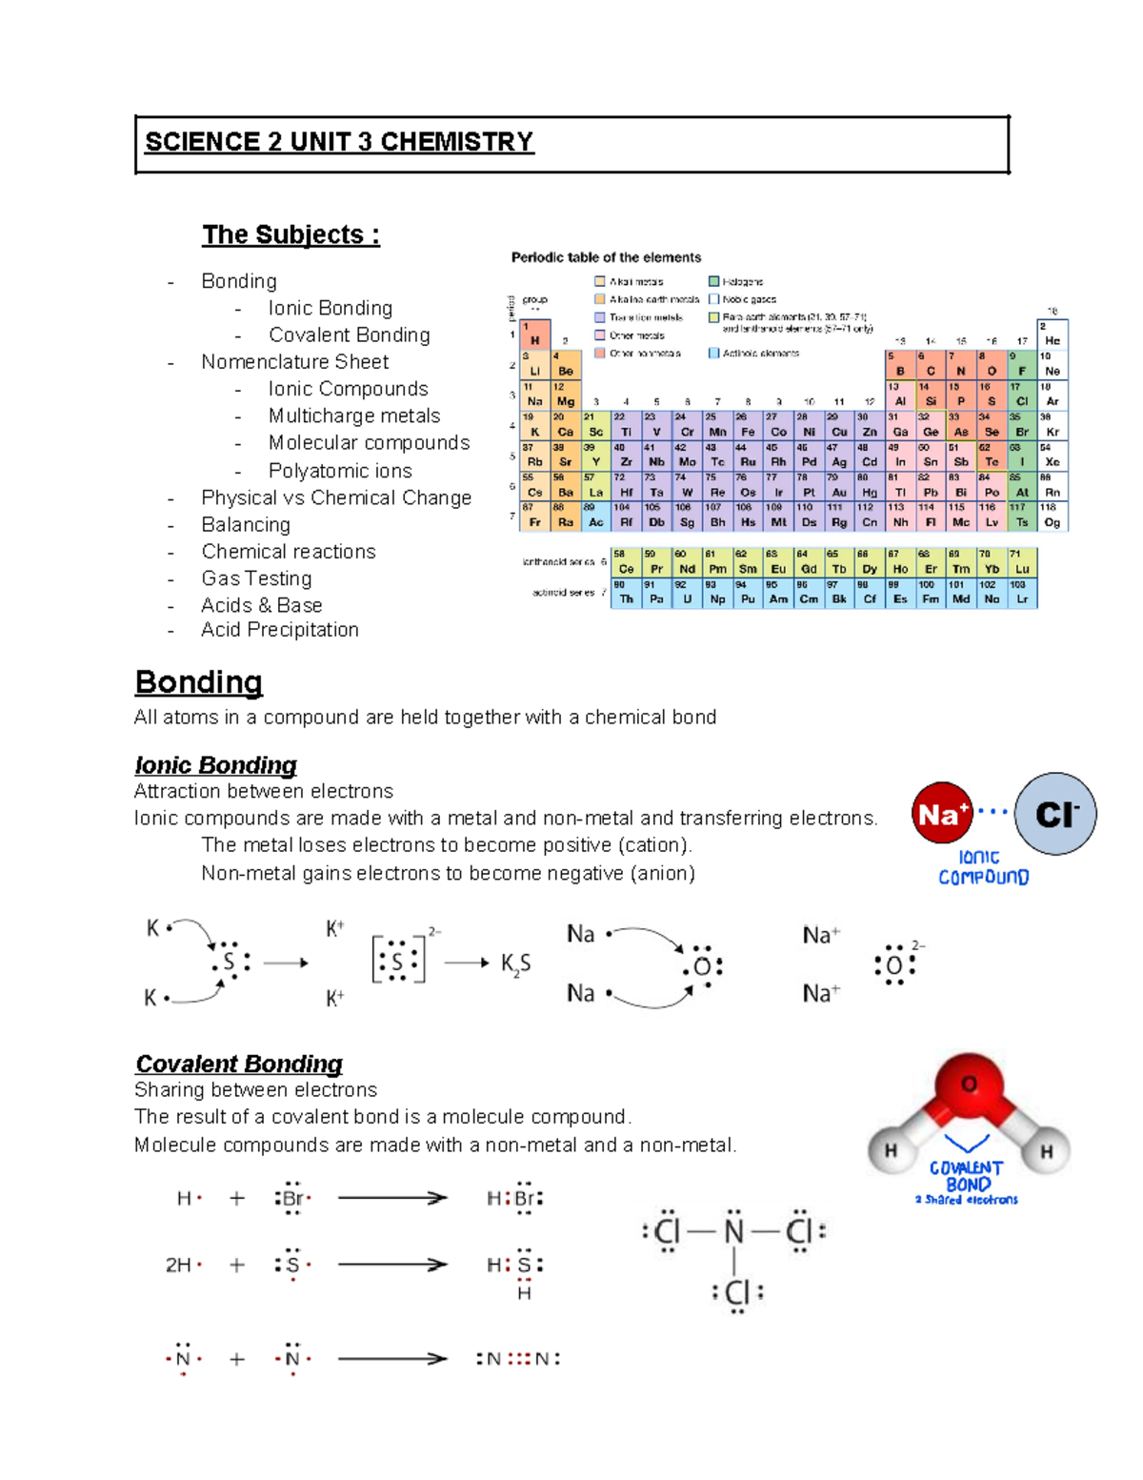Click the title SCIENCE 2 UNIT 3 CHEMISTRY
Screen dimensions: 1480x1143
click(x=338, y=142)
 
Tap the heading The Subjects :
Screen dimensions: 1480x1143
click(x=291, y=234)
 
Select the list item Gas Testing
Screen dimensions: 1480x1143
click(x=256, y=578)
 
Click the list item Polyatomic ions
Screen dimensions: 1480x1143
click(x=340, y=471)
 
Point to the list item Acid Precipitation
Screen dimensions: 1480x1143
click(x=279, y=630)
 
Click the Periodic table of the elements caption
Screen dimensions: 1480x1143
click(x=606, y=257)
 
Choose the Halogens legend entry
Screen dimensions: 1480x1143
click(x=742, y=282)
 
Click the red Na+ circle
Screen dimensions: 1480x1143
click(x=942, y=814)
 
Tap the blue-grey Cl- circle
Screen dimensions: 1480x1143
click(x=1055, y=814)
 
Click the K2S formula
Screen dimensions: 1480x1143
click(x=515, y=964)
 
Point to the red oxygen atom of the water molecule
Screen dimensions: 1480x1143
click(x=970, y=1085)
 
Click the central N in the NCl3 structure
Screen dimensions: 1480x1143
click(x=733, y=1231)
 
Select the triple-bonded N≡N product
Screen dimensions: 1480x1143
click(x=518, y=1359)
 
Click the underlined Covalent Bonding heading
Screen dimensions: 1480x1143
click(x=238, y=1064)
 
